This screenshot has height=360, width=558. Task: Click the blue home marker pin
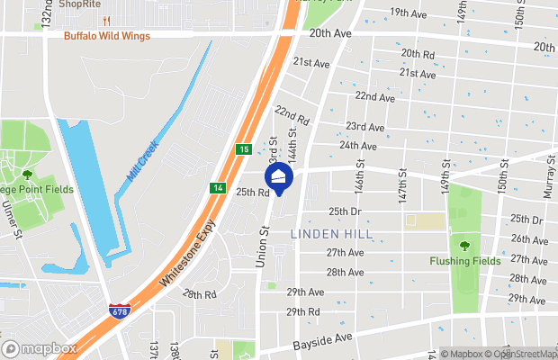click(279, 176)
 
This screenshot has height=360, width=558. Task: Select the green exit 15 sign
click(243, 149)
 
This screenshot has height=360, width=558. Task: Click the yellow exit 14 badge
click(218, 188)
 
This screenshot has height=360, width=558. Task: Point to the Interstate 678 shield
click(120, 310)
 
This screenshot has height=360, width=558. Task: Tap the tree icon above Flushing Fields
click(464, 245)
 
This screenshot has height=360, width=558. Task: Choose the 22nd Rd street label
click(292, 114)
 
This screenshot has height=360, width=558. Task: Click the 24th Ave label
click(358, 146)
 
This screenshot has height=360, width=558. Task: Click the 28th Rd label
click(199, 294)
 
